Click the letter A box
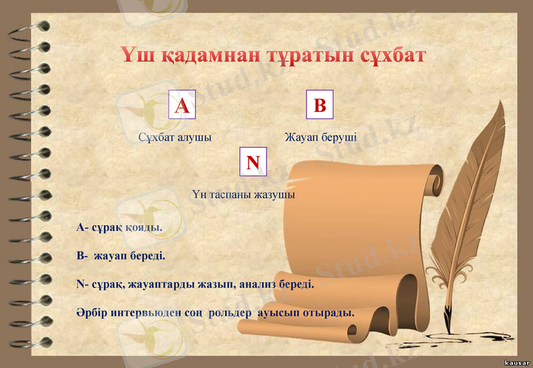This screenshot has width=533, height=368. pyautogui.click(x=182, y=105)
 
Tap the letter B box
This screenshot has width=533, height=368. pyautogui.click(x=320, y=105)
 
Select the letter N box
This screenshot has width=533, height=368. pyautogui.click(x=253, y=162)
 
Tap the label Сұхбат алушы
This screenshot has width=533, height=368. pyautogui.click(x=175, y=138)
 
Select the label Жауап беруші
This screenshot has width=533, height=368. pyautogui.click(x=320, y=138)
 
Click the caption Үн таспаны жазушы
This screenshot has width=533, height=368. pyautogui.click(x=243, y=195)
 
